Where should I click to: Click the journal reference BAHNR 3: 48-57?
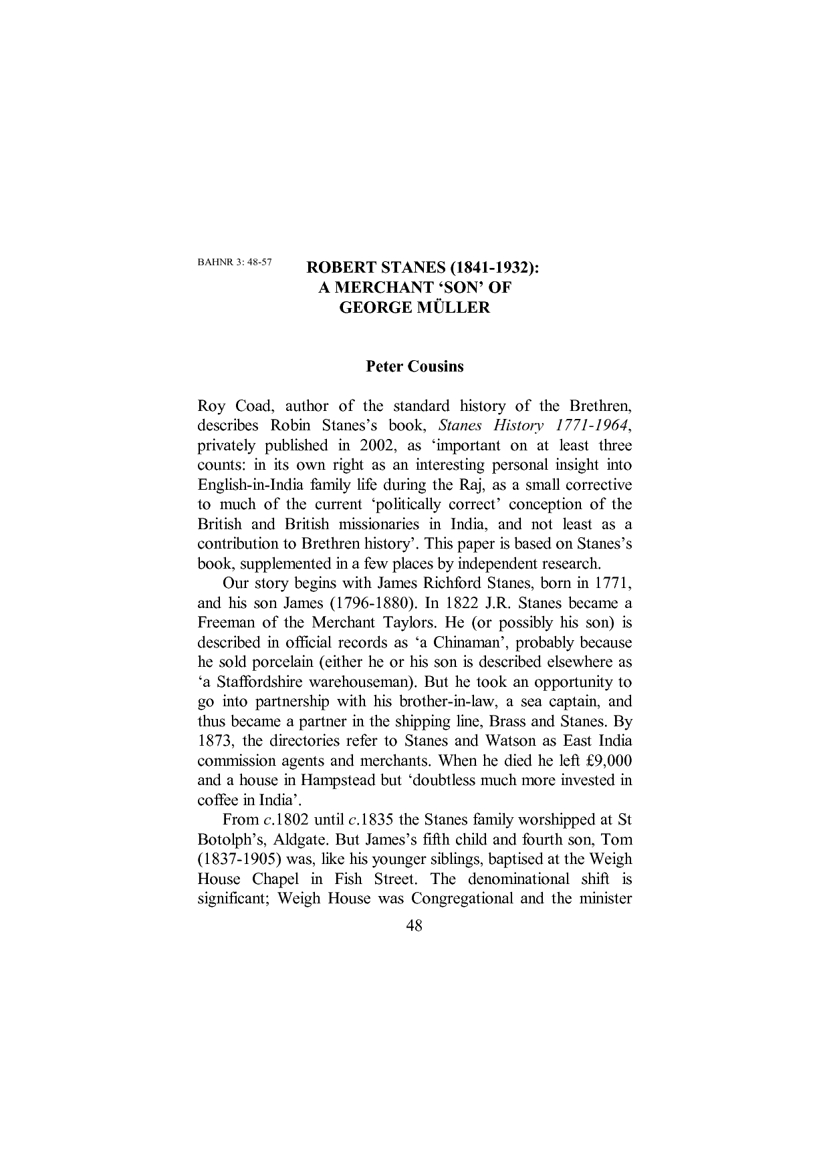click(x=234, y=262)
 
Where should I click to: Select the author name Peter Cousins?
click(x=414, y=367)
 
